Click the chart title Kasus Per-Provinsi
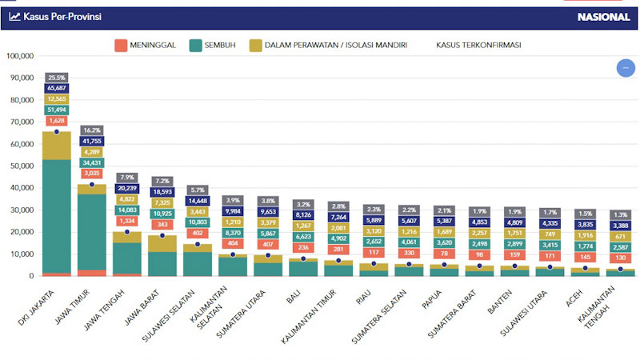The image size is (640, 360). click(61, 16)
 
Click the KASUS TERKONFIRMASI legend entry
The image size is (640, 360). click(478, 46)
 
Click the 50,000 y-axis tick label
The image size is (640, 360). click(21, 166)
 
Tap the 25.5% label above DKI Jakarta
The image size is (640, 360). click(57, 78)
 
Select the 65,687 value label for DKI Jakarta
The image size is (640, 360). click(57, 88)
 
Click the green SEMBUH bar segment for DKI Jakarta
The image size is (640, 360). click(57, 216)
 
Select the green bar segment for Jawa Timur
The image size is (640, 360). click(92, 231)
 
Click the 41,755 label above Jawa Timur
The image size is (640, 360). click(92, 141)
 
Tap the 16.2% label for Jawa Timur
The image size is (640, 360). click(92, 130)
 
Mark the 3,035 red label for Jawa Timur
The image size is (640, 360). click(92, 173)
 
